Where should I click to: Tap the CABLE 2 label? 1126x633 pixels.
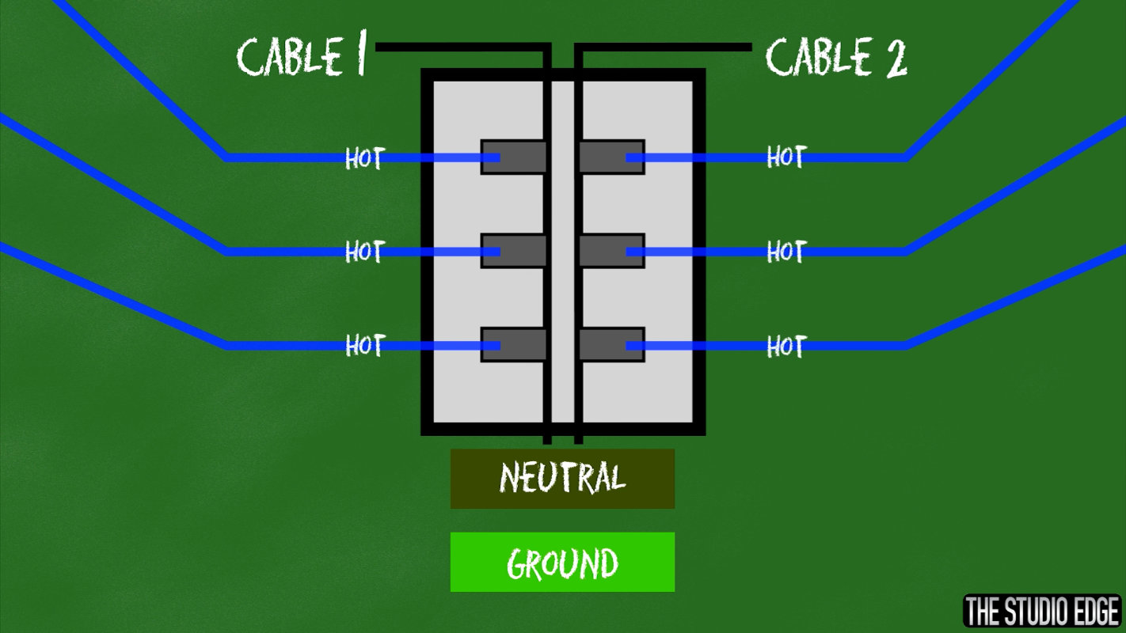pos(836,57)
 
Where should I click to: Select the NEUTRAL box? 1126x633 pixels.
pos(562,479)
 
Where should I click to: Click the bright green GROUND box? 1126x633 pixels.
pos(562,562)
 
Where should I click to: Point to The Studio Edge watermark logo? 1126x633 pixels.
pos(1043,610)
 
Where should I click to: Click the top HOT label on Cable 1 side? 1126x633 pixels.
pos(366,157)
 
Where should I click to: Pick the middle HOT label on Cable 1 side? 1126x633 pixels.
pos(366,251)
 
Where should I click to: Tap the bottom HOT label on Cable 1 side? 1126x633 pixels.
pos(366,345)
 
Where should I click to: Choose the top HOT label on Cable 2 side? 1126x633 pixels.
pos(787,157)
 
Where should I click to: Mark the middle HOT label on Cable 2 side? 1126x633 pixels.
pos(787,251)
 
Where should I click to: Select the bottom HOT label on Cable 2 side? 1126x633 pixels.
pos(787,346)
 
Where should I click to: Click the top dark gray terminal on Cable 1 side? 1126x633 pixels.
pos(513,157)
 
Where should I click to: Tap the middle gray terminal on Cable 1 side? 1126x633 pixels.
pos(513,251)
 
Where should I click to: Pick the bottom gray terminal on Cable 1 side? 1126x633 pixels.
pos(513,345)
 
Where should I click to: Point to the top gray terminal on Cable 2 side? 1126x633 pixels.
pos(612,157)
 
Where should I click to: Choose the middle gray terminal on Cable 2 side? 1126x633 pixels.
pos(612,251)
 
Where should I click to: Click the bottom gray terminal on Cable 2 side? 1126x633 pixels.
pos(612,345)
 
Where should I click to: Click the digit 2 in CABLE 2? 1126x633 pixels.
pos(896,59)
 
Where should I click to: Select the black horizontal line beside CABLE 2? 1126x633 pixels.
pos(663,47)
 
